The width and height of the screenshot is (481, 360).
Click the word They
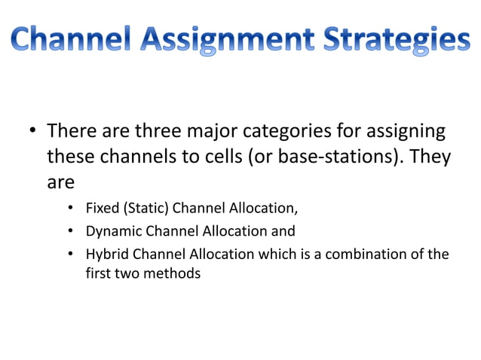pyautogui.click(x=431, y=157)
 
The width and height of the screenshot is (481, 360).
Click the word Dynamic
pyautogui.click(x=112, y=231)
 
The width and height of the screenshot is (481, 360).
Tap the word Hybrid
pyautogui.click(x=106, y=254)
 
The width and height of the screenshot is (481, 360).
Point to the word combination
pyautogui.click(x=368, y=254)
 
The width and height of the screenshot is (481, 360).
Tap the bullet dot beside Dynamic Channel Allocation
pyautogui.click(x=70, y=231)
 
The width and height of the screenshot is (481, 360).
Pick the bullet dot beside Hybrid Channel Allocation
pyautogui.click(x=70, y=254)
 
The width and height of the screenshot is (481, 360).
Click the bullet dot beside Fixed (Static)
pyautogui.click(x=70, y=209)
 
